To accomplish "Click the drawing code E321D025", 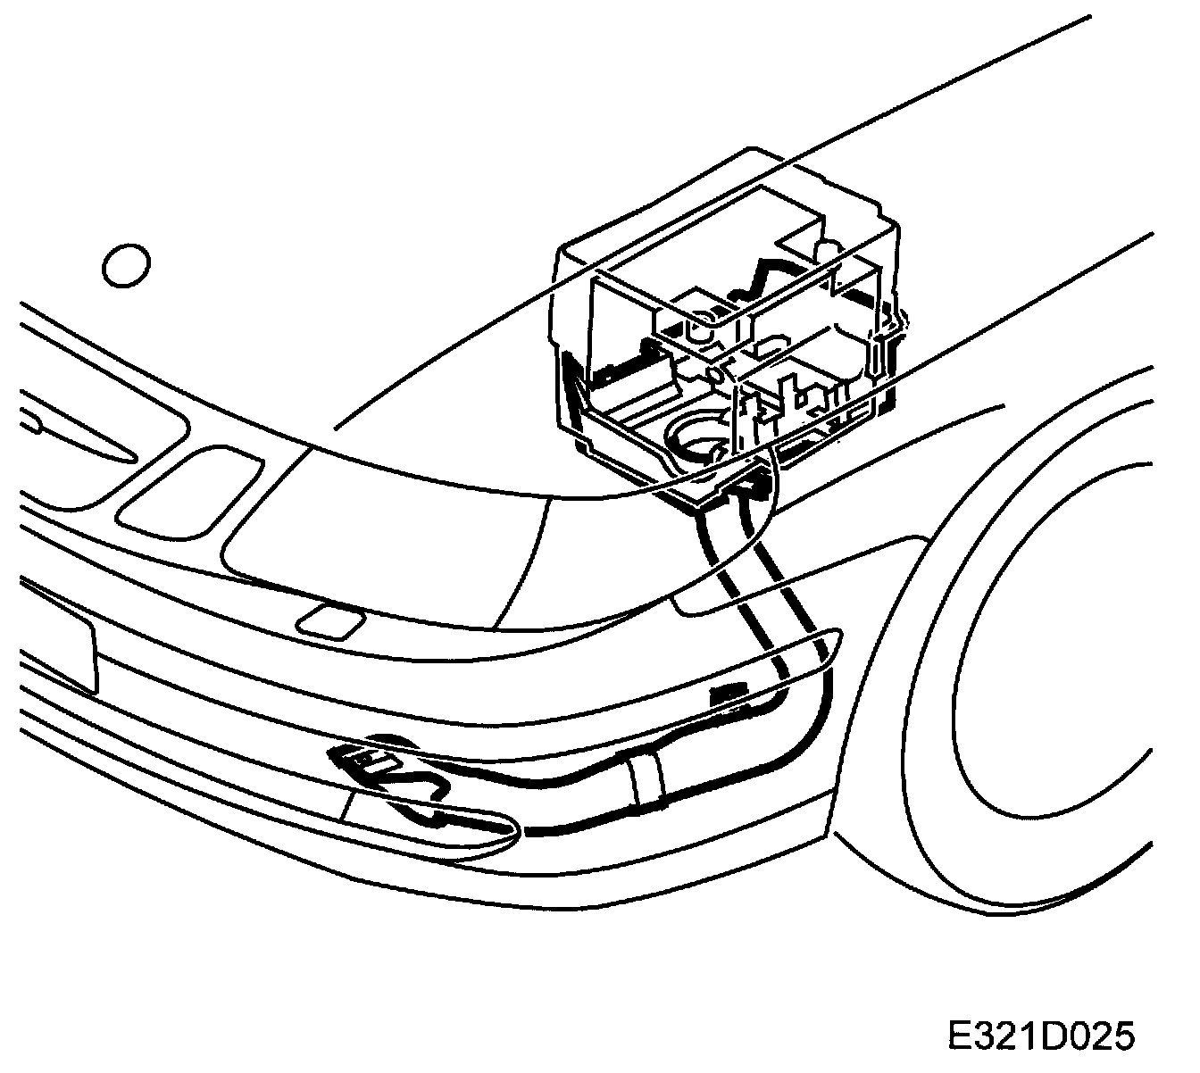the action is tap(1040, 1036).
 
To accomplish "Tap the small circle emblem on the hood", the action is tap(127, 265).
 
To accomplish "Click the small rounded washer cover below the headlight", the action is tap(330, 621).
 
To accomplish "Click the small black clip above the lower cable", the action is tap(728, 694).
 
